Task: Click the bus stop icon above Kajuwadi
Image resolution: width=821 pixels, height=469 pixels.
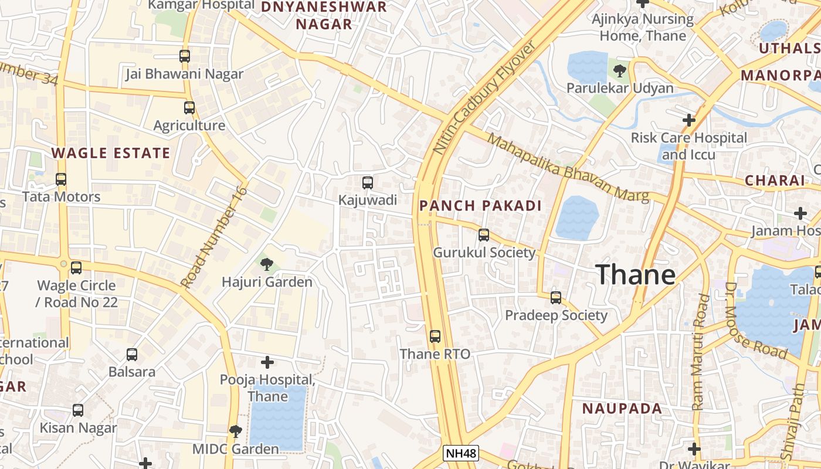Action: (368, 183)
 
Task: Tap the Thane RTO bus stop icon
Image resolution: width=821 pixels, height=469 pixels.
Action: (435, 337)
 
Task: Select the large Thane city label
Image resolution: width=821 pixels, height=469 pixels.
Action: (636, 274)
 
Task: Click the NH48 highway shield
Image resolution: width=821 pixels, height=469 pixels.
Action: (460, 453)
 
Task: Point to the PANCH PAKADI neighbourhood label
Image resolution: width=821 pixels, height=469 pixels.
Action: (480, 206)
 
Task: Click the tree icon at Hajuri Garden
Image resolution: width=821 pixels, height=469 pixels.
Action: (267, 264)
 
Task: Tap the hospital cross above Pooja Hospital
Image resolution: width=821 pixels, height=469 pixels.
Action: (267, 362)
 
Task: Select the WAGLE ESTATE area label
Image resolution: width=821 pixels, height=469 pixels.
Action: (110, 154)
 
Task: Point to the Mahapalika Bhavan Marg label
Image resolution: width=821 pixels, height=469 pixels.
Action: (568, 168)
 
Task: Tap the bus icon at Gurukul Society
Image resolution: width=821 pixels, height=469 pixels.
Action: (484, 235)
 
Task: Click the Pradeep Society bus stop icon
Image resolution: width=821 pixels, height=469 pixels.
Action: (556, 298)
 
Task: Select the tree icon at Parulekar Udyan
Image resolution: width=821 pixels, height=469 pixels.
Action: (619, 72)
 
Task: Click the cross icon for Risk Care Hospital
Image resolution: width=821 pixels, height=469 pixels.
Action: (689, 121)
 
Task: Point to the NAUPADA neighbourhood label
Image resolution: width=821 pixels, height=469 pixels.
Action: (622, 409)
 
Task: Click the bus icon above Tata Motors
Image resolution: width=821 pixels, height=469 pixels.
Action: (61, 179)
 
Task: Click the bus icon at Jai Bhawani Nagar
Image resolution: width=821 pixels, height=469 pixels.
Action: (185, 56)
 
